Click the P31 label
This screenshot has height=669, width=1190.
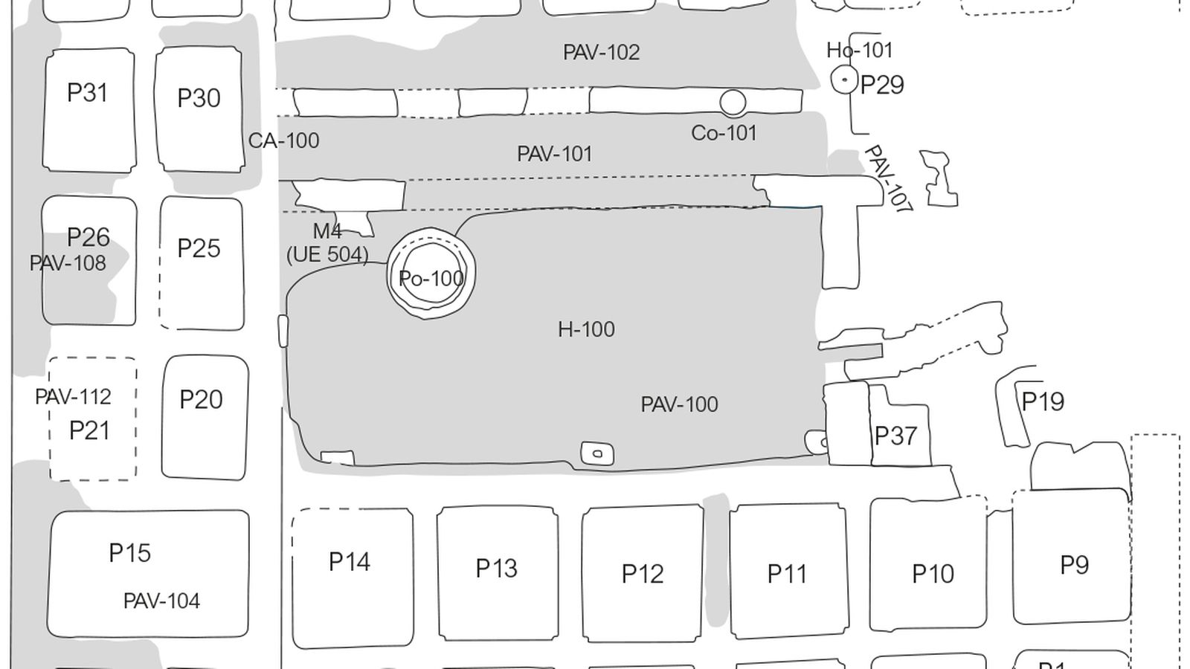88,93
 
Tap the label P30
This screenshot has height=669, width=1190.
199,98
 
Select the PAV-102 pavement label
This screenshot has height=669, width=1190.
601,53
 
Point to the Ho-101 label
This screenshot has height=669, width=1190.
859,51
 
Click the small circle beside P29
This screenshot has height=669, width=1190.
844,80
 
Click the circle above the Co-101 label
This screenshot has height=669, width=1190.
733,103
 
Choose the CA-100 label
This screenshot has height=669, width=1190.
283,140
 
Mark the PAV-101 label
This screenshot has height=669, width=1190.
555,154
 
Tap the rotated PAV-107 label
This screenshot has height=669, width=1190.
887,180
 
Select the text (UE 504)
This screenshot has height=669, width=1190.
327,254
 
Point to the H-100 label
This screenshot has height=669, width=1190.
586,329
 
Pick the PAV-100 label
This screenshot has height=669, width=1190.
679,404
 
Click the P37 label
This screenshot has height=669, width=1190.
895,436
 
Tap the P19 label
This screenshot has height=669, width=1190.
1043,401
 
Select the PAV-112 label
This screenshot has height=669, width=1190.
73,397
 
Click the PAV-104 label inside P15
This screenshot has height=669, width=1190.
161,601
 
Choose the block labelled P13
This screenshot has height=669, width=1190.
497,572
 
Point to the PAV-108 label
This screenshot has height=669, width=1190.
68,263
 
